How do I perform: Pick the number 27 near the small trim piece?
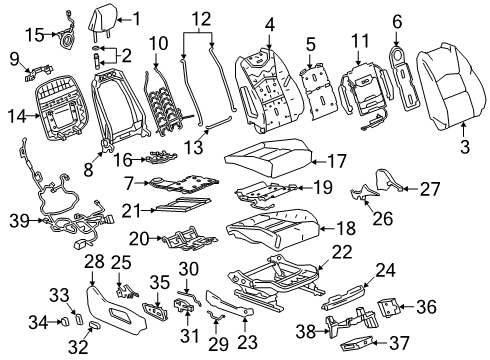[x=430, y=187]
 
